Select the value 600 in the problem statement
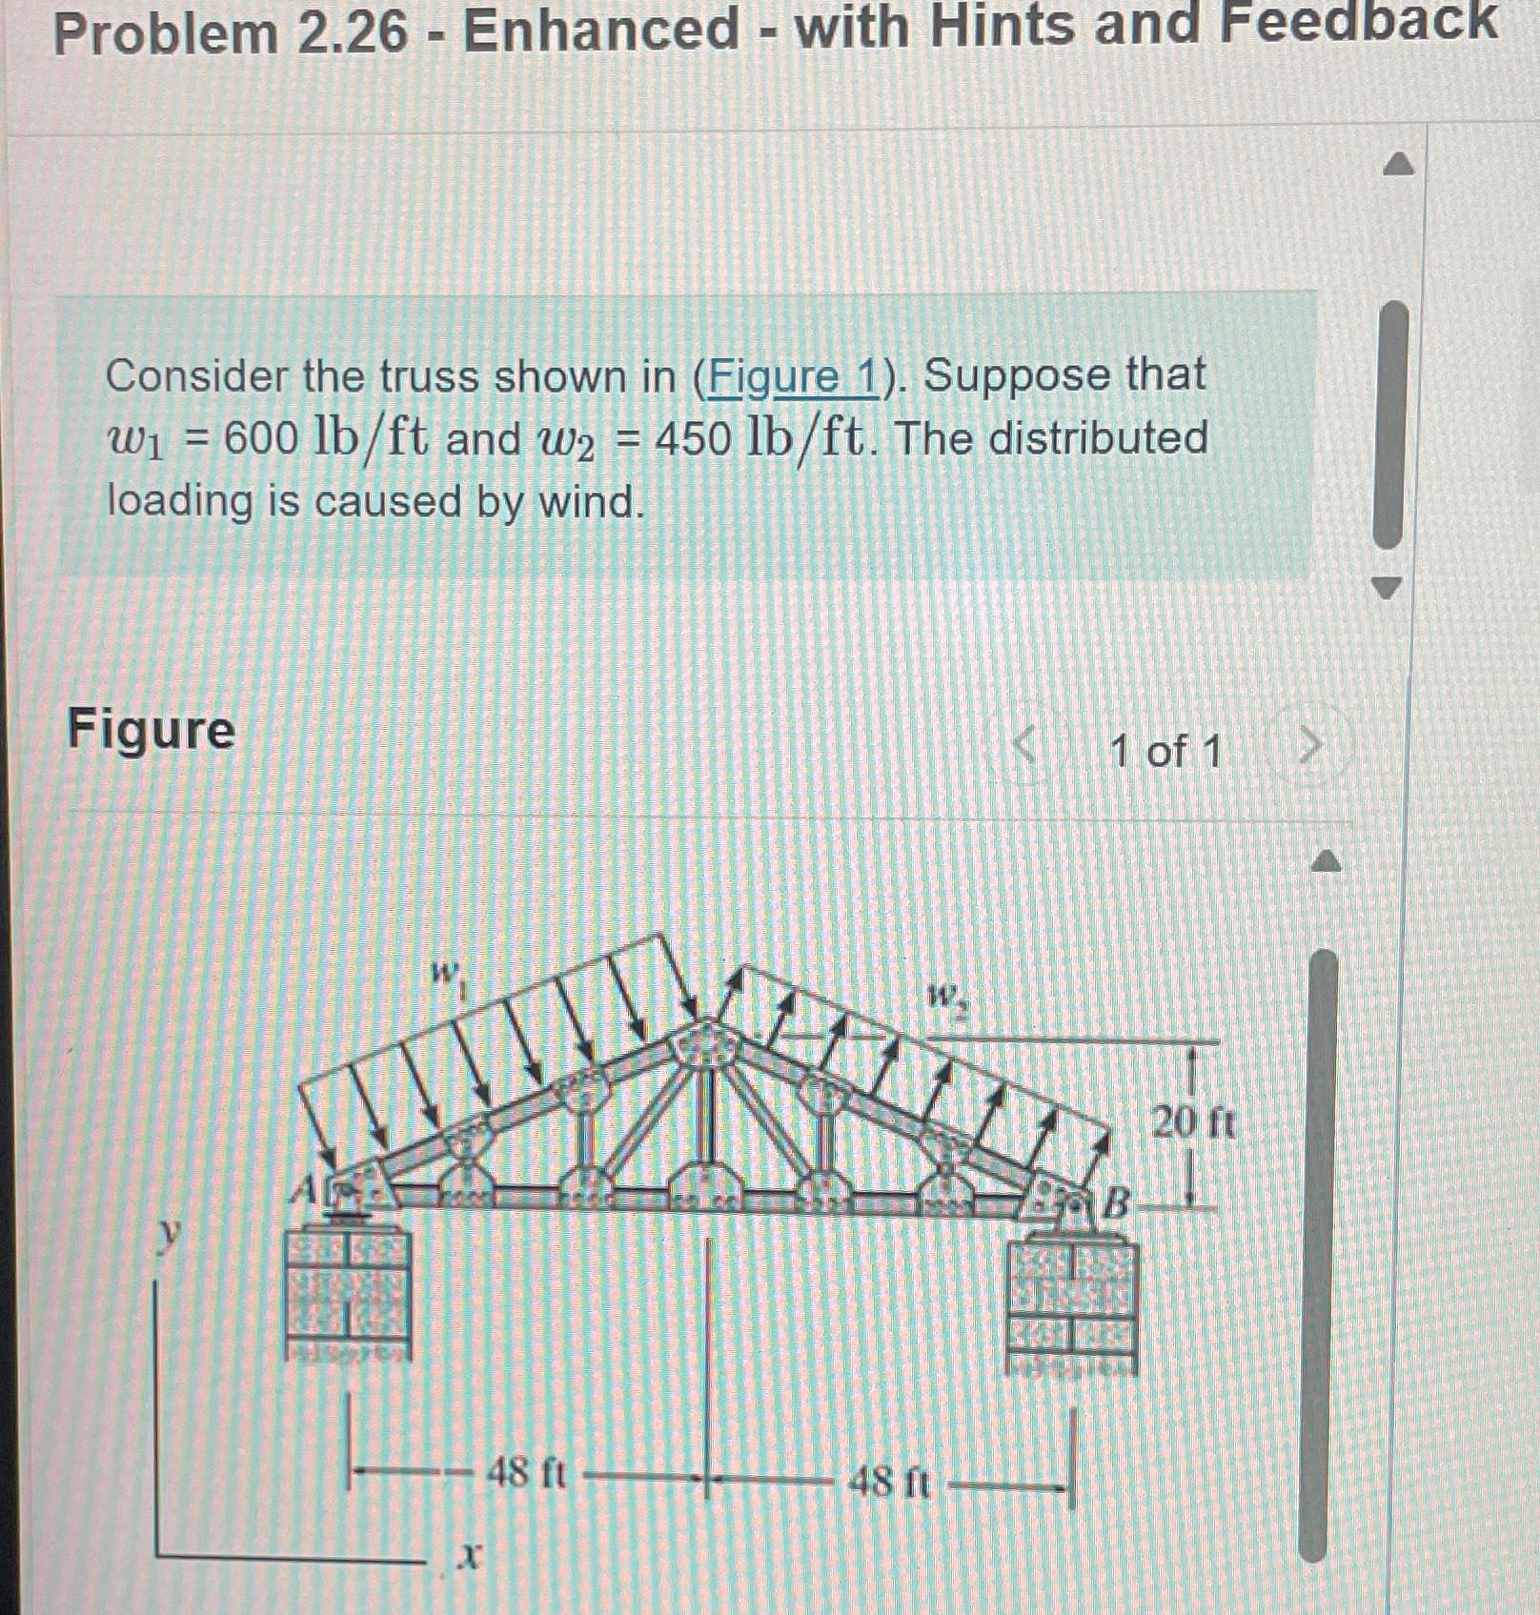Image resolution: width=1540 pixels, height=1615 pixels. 261,439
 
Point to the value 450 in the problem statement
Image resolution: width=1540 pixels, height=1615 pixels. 694,439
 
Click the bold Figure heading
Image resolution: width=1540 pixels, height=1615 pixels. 151,731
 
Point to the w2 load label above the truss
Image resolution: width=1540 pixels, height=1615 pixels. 947,999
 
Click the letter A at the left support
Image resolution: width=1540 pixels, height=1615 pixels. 305,1187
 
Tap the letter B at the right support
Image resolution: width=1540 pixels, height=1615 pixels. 1116,1202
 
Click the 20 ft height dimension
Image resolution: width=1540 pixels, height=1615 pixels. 1193,1122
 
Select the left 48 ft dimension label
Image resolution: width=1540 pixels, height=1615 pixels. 526,1474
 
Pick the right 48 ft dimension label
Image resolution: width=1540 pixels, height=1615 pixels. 888,1482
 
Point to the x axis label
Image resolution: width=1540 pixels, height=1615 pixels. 468,1556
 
